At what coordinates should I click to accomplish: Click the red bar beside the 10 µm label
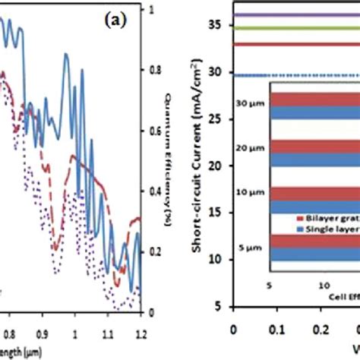(311, 193)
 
